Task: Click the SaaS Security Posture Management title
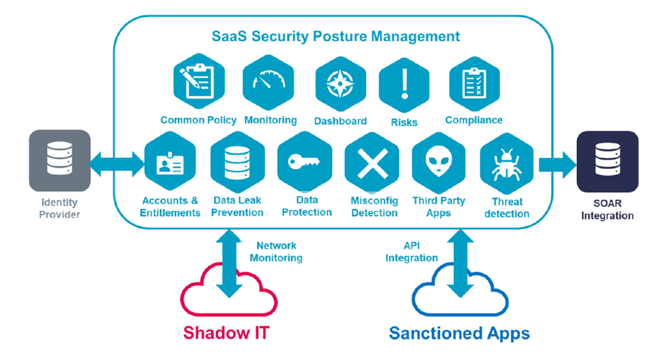pos(336,37)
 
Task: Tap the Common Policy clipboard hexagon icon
pos(198,81)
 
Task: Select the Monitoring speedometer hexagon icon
pos(268,83)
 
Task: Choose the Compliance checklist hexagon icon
pos(474,83)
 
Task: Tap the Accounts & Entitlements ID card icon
pos(170,161)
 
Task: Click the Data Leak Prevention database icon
pos(237,162)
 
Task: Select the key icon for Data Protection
pos(305,162)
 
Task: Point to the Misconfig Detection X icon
pos(373,163)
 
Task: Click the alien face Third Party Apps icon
pos(439,162)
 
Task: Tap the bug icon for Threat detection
pos(507,163)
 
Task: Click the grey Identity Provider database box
pos(60,160)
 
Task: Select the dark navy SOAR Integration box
pos(607,162)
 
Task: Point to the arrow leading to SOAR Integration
pos(558,165)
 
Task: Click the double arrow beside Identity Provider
pos(117,164)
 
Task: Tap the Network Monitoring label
pos(276,252)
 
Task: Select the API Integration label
pos(412,252)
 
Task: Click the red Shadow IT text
pos(226,333)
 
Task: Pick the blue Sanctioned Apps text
pos(459,334)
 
